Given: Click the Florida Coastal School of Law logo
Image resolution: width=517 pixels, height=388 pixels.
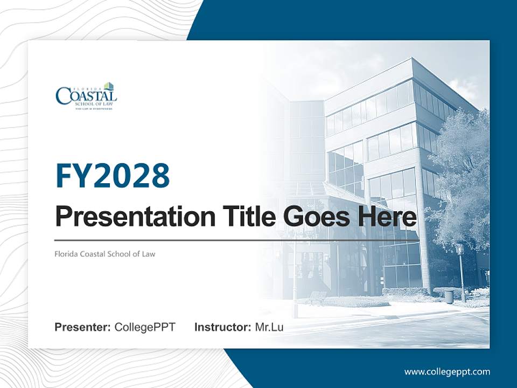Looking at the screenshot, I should click(86, 96).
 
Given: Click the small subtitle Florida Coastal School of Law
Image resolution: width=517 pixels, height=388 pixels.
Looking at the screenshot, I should click(105, 253).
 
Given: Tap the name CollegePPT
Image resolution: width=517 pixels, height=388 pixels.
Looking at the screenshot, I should click(145, 327).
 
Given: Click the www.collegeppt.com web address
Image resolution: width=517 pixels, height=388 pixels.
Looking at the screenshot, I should click(447, 372).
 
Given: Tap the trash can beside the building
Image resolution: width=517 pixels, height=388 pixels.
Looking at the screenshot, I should click(449, 296).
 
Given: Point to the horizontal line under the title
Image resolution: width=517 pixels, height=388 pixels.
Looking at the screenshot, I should click(237, 240).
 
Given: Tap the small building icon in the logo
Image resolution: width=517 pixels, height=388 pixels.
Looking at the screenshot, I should click(109, 86).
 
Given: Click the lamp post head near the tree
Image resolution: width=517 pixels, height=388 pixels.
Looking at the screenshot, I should click(459, 249).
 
